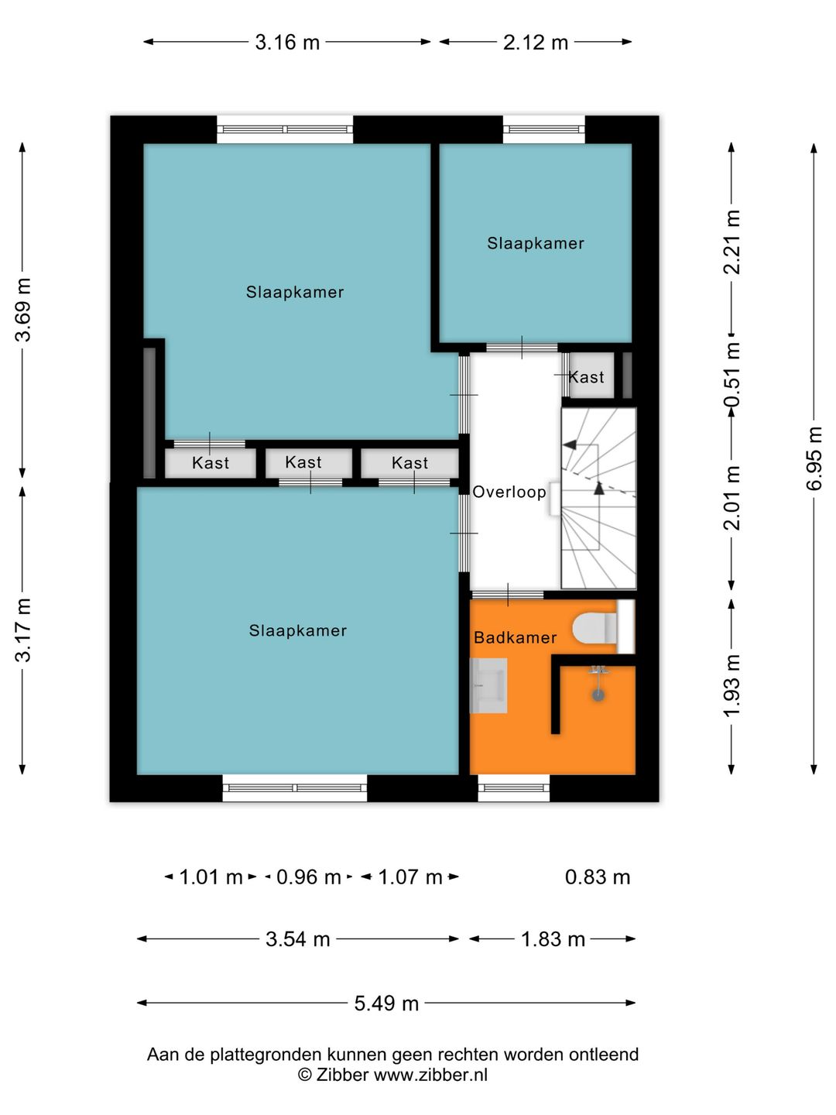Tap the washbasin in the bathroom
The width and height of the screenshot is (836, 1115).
click(488, 685)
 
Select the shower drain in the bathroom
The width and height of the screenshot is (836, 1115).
click(599, 695)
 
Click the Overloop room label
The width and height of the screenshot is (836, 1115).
click(509, 492)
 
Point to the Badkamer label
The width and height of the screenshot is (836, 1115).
click(516, 637)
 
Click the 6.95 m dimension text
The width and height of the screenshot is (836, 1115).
click(814, 458)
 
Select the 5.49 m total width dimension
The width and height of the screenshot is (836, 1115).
click(386, 1003)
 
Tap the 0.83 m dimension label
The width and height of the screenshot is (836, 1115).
click(598, 877)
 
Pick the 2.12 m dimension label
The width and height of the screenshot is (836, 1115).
click(536, 42)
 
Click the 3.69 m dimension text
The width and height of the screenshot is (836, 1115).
click(23, 310)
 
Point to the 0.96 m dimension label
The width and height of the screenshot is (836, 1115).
click(309, 877)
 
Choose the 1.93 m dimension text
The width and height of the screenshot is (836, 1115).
click(731, 685)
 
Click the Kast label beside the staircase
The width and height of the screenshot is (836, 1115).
click(586, 377)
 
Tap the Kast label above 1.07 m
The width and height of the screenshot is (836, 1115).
click(409, 463)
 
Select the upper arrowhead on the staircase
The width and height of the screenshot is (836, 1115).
click(570, 444)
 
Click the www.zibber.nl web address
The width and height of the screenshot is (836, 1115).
click(430, 1076)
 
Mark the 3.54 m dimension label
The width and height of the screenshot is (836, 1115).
click(298, 939)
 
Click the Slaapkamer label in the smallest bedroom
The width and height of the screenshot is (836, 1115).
click(536, 243)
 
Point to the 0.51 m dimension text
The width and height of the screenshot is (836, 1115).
click(731, 374)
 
